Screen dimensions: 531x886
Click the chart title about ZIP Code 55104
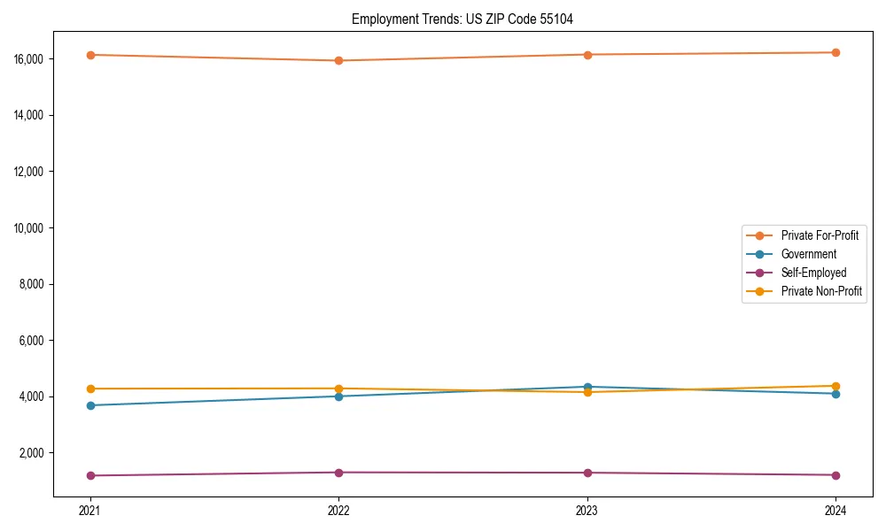[x=462, y=19]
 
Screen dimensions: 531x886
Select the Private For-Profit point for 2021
[x=90, y=55]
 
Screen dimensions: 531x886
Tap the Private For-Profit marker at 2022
[x=338, y=60]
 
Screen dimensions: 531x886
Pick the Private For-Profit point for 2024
[x=835, y=52]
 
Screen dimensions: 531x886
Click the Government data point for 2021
[x=90, y=405]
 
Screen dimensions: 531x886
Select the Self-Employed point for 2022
[x=338, y=473]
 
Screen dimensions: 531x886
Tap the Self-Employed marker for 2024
[x=835, y=475]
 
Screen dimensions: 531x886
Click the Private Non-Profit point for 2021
[x=90, y=389]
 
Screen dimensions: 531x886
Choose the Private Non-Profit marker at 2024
[x=835, y=386]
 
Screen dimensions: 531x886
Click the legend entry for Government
[x=808, y=254]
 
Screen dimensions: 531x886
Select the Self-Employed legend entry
[x=813, y=273]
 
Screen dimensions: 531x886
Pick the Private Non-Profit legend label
[x=821, y=291]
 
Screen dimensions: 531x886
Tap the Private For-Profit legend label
[x=819, y=235]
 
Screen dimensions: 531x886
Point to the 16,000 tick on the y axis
[x=29, y=59]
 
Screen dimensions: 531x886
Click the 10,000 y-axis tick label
[x=29, y=228]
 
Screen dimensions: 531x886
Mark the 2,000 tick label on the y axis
[x=32, y=453]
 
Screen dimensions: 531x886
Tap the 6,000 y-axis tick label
[x=32, y=341]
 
